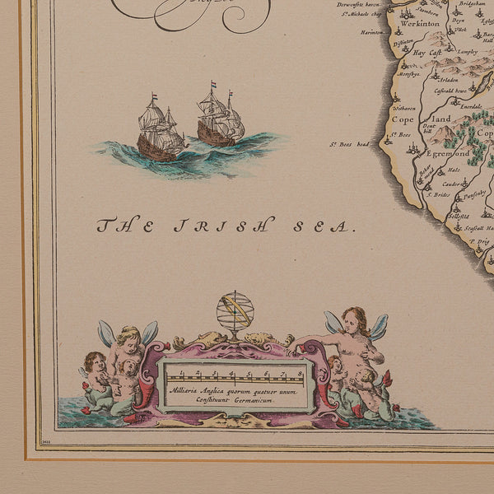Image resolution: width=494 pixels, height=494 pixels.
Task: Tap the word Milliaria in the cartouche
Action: [x=185, y=391]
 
